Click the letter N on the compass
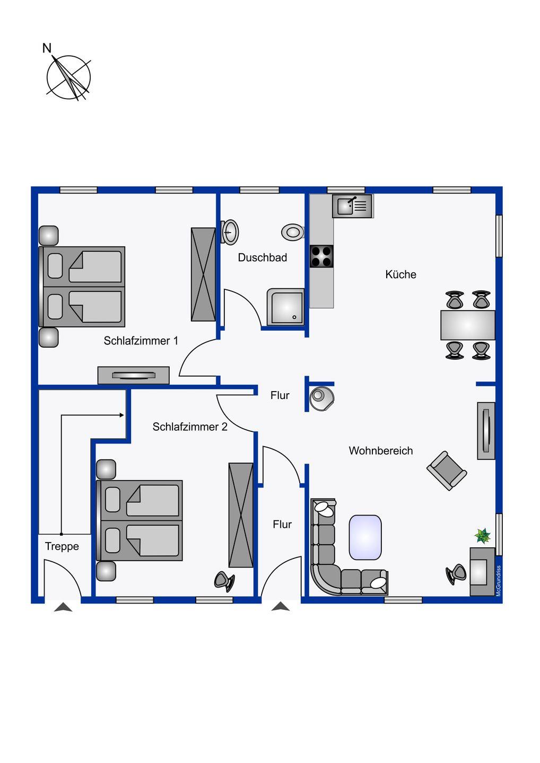tap(47, 48)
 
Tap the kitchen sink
tap(353, 206)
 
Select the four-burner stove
tap(321, 256)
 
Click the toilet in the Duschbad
tap(293, 232)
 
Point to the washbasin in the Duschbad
tap(230, 232)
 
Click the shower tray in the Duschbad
tap(286, 307)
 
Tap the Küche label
tap(400, 274)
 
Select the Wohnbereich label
tap(381, 450)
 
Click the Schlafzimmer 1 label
tap(141, 341)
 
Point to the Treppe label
tap(62, 546)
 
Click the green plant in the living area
tap(483, 536)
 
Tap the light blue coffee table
tap(365, 537)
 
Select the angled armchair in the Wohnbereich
tap(447, 471)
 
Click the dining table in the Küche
tap(468, 325)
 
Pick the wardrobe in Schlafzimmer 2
tap(241, 515)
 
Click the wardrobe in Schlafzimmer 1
tap(203, 274)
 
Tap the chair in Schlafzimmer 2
tap(224, 581)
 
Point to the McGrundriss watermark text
tap(499, 581)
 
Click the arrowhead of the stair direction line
tap(121, 415)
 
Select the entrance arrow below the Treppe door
tap(63, 607)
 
